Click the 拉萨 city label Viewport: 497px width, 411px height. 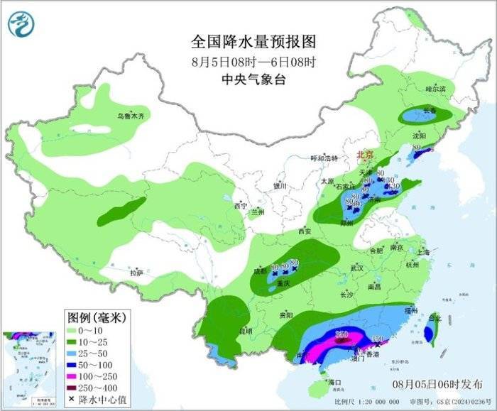(137, 272)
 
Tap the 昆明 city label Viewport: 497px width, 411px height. (245, 331)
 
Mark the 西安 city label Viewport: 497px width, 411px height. (305, 231)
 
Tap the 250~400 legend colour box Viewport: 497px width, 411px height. (72, 388)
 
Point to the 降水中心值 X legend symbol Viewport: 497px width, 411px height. (72, 400)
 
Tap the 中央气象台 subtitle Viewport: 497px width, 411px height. (253, 80)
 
